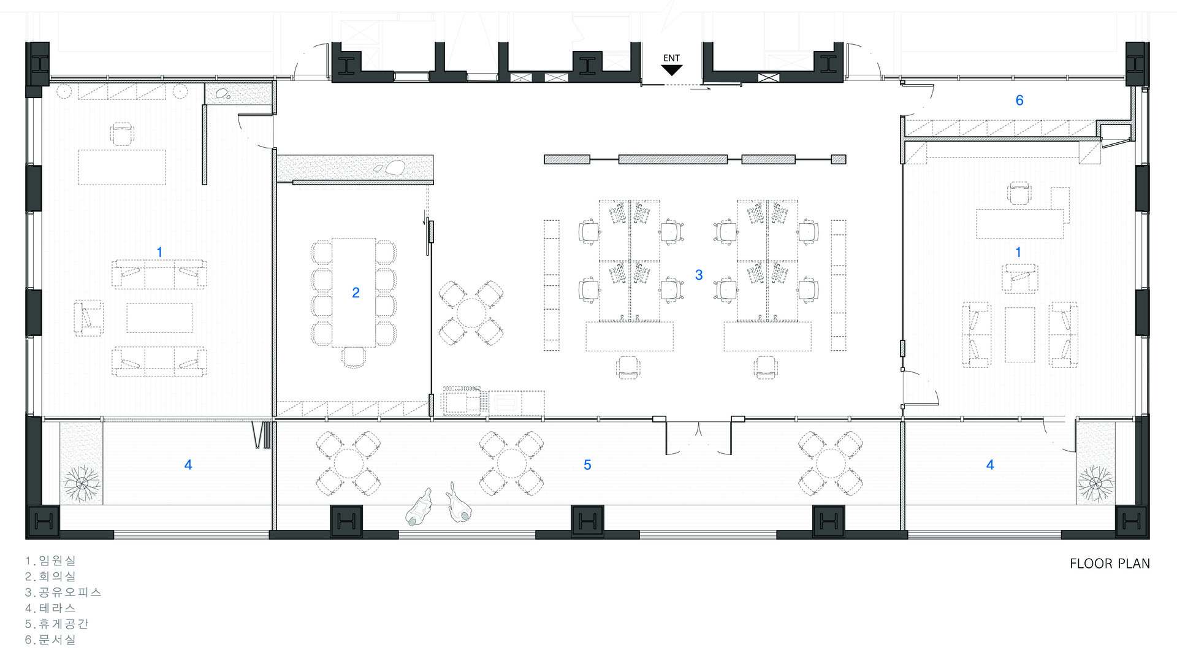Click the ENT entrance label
pyautogui.click(x=671, y=58)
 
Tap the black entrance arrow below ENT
pyautogui.click(x=672, y=70)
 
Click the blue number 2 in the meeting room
pyautogui.click(x=356, y=293)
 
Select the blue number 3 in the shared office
pyautogui.click(x=699, y=275)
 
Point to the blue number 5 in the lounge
pyautogui.click(x=587, y=465)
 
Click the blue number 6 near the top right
pyautogui.click(x=1019, y=101)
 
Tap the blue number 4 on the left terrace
pyautogui.click(x=188, y=465)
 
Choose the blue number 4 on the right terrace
pyautogui.click(x=990, y=465)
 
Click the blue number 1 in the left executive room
pyautogui.click(x=159, y=252)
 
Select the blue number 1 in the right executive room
pyautogui.click(x=1018, y=252)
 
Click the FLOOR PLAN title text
pyautogui.click(x=1110, y=564)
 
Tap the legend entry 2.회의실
pyautogui.click(x=50, y=576)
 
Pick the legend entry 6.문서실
pyautogui.click(x=50, y=640)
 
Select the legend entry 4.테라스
pyautogui.click(x=50, y=608)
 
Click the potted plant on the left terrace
pyautogui.click(x=82, y=483)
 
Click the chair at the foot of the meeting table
pyautogui.click(x=353, y=356)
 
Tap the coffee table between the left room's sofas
pyautogui.click(x=159, y=318)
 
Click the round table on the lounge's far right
pyautogui.click(x=830, y=463)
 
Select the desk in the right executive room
pyautogui.click(x=1019, y=224)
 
